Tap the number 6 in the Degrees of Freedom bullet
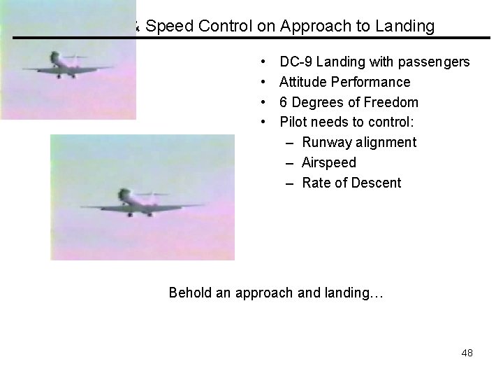pyautogui.click(x=284, y=102)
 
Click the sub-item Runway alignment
pyautogui.click(x=359, y=143)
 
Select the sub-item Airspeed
pyautogui.click(x=329, y=162)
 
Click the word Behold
pyautogui.click(x=189, y=293)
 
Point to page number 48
pyautogui.click(x=467, y=353)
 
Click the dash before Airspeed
pyautogui.click(x=290, y=162)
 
